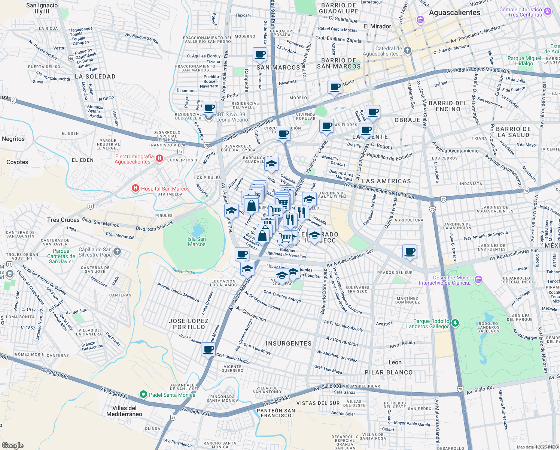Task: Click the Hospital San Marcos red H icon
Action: tap(136, 188)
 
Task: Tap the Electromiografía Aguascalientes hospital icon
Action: tap(159, 159)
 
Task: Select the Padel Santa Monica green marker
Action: tap(143, 394)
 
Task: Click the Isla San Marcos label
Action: tap(197, 241)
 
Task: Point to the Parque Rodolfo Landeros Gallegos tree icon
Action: tap(455, 322)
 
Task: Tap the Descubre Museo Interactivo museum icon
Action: tap(478, 279)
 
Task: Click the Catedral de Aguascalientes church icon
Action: tap(408, 50)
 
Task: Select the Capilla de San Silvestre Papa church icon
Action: tap(117, 251)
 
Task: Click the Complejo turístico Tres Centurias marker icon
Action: tap(548, 11)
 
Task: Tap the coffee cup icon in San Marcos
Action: tap(260, 54)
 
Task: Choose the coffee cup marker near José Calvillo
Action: tap(209, 350)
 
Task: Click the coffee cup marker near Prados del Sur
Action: tap(410, 251)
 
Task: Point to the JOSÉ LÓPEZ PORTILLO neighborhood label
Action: tap(189, 324)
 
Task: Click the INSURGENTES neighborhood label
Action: tap(288, 343)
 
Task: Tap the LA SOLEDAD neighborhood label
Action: tap(95, 76)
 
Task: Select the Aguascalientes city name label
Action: tap(454, 12)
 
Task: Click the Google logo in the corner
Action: tap(12, 445)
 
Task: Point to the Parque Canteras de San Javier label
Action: tap(61, 256)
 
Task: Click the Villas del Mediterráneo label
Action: tap(124, 411)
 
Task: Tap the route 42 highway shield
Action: tap(173, 417)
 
